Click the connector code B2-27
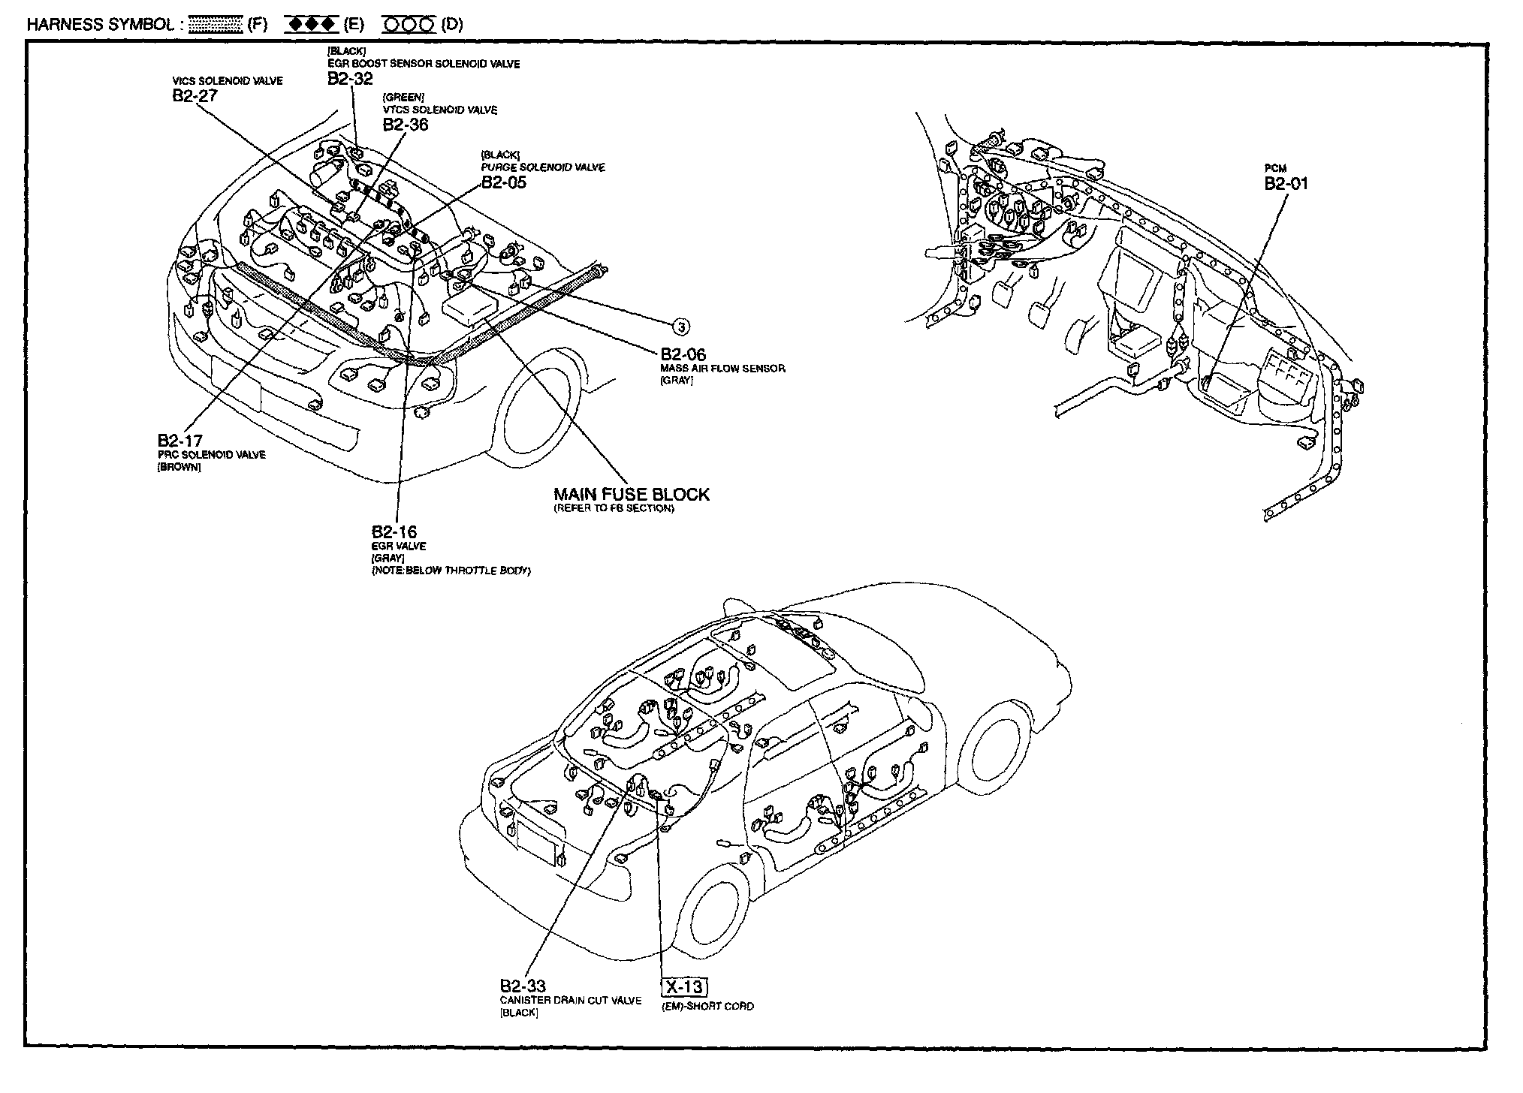click(195, 95)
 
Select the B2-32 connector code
click(350, 79)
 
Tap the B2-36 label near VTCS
click(406, 125)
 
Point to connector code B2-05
click(504, 182)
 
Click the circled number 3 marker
click(680, 326)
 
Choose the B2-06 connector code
click(683, 354)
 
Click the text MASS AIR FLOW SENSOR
click(722, 369)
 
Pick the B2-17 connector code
click(179, 441)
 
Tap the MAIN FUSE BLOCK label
click(631, 494)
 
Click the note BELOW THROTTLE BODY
click(451, 571)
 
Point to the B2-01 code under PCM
click(1286, 184)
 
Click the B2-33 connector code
click(523, 986)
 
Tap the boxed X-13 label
click(685, 986)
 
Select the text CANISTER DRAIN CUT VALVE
click(571, 1001)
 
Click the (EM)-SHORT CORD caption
click(707, 1006)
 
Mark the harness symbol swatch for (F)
click(215, 25)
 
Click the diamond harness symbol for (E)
click(311, 25)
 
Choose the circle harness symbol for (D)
click(409, 25)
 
